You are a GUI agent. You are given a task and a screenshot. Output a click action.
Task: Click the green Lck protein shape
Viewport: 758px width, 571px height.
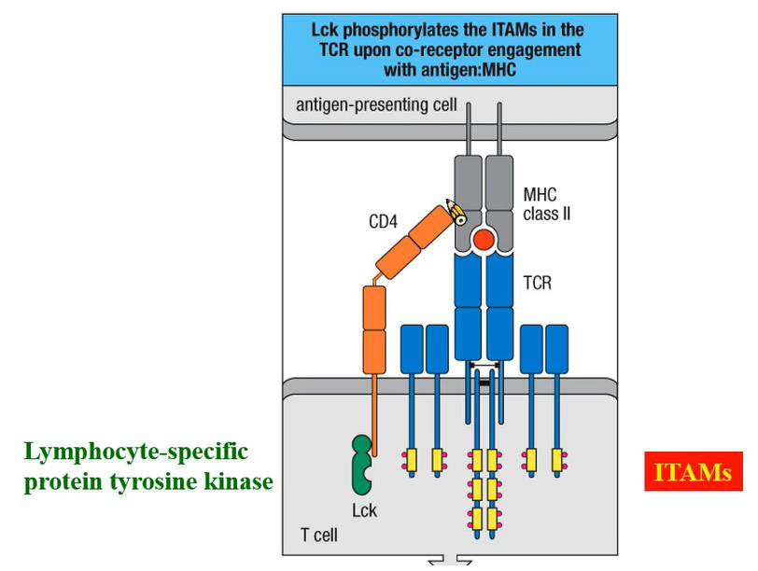pos(359,463)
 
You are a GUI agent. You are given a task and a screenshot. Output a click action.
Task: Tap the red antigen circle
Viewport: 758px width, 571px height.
pos(483,241)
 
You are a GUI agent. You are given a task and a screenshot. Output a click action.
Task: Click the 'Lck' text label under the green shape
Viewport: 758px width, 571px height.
pos(364,510)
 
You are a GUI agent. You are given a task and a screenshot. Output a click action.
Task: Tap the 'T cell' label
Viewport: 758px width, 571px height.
pos(318,535)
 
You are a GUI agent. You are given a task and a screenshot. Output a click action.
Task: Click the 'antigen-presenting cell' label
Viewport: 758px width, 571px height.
pos(376,104)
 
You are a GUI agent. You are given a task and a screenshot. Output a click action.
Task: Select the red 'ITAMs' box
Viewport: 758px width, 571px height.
pos(693,472)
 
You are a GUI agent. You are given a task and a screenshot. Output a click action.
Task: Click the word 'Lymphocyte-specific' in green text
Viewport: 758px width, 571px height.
pos(136,452)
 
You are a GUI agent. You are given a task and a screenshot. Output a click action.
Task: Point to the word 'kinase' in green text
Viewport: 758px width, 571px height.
pos(240,481)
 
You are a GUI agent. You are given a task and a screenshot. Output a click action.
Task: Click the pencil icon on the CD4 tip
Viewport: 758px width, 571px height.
pos(456,212)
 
